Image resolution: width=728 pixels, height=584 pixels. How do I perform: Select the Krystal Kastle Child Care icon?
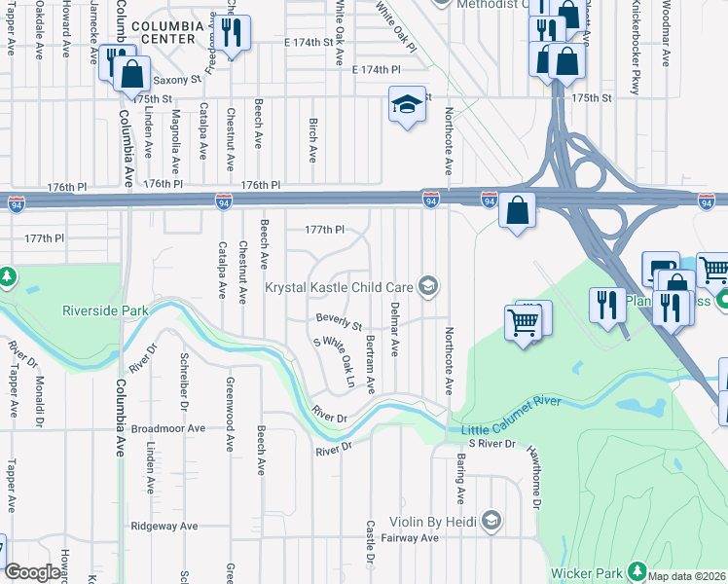pyautogui.click(x=426, y=286)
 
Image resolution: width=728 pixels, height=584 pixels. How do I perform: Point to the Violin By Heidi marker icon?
pyautogui.click(x=491, y=522)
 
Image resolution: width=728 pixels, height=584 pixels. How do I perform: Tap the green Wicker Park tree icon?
pyautogui.click(x=637, y=569)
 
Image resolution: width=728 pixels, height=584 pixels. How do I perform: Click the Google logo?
pyautogui.click(x=32, y=572)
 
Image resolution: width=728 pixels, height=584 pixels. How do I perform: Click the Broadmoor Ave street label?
pyautogui.click(x=168, y=427)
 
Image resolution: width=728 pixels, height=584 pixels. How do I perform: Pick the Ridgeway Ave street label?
pyautogui.click(x=164, y=526)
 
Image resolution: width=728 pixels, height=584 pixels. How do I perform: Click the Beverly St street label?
pyautogui.click(x=339, y=320)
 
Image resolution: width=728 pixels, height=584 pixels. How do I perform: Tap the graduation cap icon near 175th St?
pyautogui.click(x=406, y=104)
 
